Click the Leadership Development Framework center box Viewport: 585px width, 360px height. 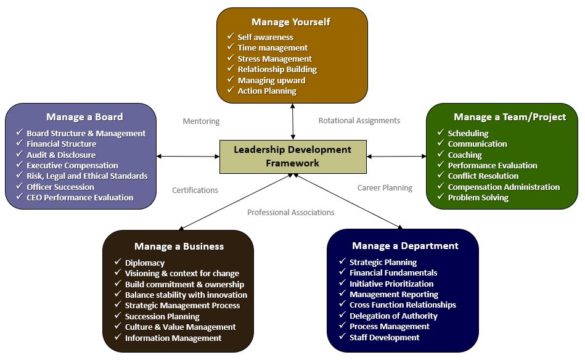click(293, 156)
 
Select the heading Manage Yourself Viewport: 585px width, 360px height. click(291, 22)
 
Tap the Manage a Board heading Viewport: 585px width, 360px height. click(84, 117)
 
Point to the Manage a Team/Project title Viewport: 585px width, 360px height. click(501, 117)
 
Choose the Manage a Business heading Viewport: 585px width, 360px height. click(179, 246)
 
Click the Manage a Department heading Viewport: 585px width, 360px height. click(405, 245)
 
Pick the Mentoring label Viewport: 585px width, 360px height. click(201, 121)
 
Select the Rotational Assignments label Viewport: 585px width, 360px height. click(359, 121)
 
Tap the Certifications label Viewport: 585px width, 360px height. click(195, 190)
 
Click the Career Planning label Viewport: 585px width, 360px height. click(385, 187)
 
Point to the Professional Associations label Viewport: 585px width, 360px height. click(290, 212)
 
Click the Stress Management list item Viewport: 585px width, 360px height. click(274, 59)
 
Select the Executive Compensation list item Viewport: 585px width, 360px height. click(72, 165)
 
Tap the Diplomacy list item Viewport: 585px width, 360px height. click(144, 263)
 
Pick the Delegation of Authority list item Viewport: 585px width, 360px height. click(393, 316)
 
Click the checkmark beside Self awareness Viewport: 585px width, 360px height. click(230, 37)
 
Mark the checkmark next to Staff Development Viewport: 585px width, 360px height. click(342, 337)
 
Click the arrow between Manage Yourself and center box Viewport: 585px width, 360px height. click(293, 121)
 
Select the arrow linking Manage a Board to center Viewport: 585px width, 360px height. click(188, 156)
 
